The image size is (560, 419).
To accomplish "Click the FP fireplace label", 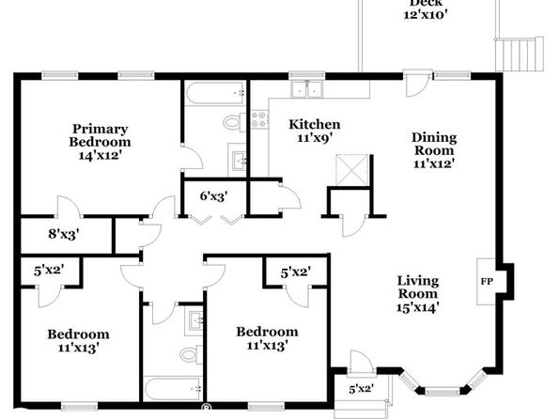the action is tap(487, 282).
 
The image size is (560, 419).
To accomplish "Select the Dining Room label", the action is tap(434, 144).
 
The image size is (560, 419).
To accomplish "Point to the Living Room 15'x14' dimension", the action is tap(417, 307).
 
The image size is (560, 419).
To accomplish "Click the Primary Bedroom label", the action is tap(100, 135).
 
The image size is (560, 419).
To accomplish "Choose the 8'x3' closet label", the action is tap(64, 234).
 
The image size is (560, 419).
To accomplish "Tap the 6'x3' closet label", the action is tap(213, 195).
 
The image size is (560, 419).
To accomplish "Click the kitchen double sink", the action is tap(307, 89).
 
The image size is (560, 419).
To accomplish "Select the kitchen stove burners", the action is tap(259, 119).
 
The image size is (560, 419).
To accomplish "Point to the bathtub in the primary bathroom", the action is tap(215, 93).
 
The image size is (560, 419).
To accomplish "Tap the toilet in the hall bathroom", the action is tap(191, 355).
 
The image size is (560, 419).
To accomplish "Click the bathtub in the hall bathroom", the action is tap(173, 389).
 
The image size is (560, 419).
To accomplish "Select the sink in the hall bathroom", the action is tap(194, 322).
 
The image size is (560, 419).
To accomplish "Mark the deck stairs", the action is tap(520, 54).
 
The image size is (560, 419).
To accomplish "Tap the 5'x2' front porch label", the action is tap(362, 389).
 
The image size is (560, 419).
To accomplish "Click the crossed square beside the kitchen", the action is tap(352, 170).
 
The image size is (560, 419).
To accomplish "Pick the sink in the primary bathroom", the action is tap(238, 161).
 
